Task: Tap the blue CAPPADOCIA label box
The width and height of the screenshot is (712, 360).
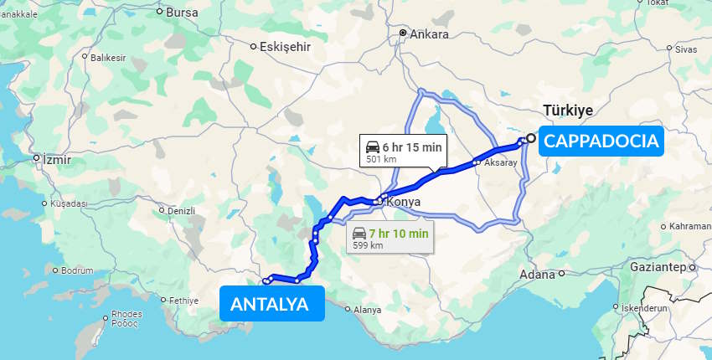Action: [x=601, y=141]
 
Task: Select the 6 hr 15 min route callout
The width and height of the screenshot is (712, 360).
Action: [x=403, y=150]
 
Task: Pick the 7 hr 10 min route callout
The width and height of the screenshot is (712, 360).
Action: [x=390, y=238]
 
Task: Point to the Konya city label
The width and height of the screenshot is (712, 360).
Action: [x=403, y=202]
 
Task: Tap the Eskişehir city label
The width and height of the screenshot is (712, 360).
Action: [x=285, y=46]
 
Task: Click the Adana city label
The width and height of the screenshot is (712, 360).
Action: [x=537, y=274]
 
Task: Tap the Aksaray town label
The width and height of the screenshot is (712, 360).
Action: [x=500, y=162]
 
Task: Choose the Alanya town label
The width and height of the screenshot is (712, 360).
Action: [x=367, y=310]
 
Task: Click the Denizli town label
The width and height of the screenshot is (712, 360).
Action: [x=180, y=211]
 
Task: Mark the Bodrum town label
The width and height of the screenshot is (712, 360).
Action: [x=77, y=270]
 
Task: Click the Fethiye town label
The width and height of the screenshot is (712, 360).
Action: [x=183, y=301]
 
